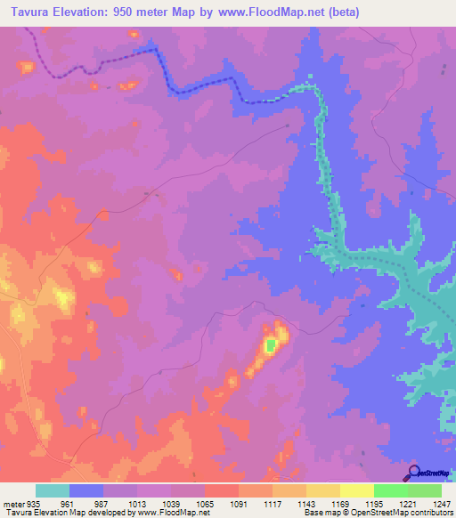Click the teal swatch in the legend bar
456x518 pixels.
pyautogui.click(x=52, y=490)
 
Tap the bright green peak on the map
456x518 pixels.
pyautogui.click(x=270, y=344)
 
